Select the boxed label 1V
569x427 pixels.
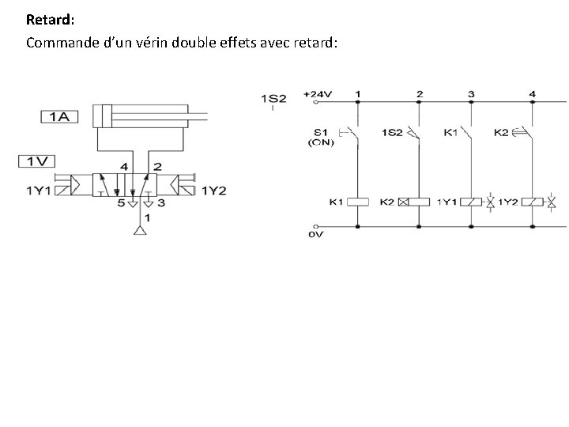pyautogui.click(x=36, y=161)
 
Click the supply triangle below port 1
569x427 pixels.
pyautogui.click(x=141, y=232)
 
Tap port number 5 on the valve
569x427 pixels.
pyautogui.click(x=122, y=203)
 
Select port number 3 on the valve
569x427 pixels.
pyautogui.click(x=162, y=203)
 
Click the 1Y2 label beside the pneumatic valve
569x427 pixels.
pyautogui.click(x=213, y=191)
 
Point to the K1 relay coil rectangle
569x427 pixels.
pyautogui.click(x=359, y=202)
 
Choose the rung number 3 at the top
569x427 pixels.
pyautogui.click(x=471, y=94)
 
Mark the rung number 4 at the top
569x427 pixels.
pyautogui.click(x=532, y=94)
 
